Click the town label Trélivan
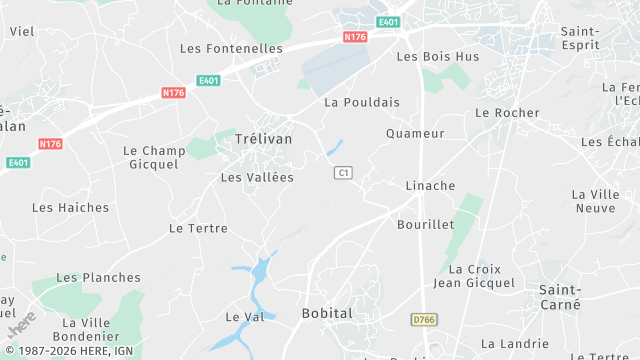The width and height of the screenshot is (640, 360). (263, 139)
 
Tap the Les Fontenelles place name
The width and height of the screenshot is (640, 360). (231, 48)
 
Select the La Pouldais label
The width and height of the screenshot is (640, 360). (362, 102)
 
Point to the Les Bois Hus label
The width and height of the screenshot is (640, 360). (438, 57)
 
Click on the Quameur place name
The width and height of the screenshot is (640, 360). (415, 133)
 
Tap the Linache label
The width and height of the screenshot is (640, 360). (430, 186)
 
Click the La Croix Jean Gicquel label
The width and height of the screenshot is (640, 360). (474, 276)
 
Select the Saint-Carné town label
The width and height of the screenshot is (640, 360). (561, 296)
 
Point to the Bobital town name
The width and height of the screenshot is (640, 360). (327, 314)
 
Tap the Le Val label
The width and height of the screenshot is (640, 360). (244, 317)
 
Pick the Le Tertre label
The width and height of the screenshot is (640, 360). (198, 228)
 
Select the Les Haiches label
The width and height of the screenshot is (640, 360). (70, 208)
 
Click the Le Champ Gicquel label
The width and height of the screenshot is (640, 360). (154, 157)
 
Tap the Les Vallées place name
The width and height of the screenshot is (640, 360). (257, 177)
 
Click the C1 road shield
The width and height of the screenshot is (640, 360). (343, 173)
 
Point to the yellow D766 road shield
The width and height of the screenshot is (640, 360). (424, 320)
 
